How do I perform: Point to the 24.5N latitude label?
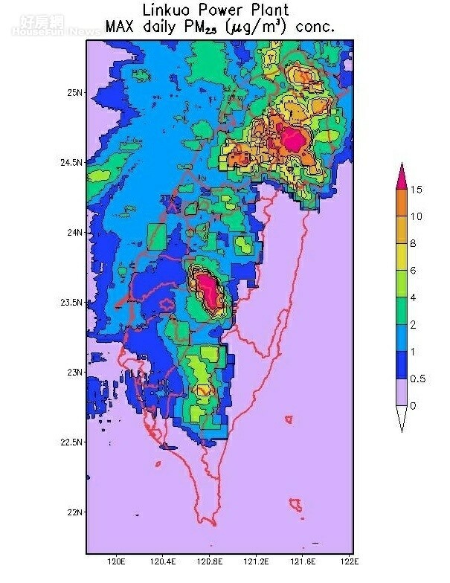71,163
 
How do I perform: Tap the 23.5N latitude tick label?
71,303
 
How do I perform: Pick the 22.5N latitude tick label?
71,442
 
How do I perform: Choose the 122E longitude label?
350,561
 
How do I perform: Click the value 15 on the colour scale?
417,190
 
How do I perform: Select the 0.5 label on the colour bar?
419,379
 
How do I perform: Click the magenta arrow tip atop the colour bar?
402,175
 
